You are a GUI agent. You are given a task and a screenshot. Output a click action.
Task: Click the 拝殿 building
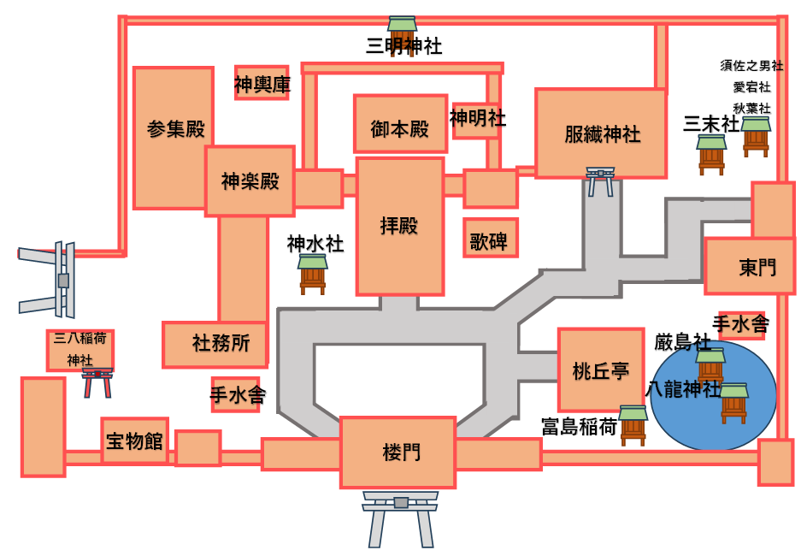pyautogui.click(x=400, y=227)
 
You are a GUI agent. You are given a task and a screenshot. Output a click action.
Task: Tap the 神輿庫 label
pyautogui.click(x=262, y=84)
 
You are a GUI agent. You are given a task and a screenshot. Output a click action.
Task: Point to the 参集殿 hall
pyautogui.click(x=174, y=137)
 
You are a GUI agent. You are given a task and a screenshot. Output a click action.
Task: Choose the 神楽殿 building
pyautogui.click(x=250, y=181)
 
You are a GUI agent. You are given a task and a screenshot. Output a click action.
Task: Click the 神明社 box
pyautogui.click(x=476, y=120)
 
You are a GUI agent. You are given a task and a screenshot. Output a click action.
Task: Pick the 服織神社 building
pyautogui.click(x=601, y=133)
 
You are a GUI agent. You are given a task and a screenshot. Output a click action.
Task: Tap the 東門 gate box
pyautogui.click(x=750, y=267)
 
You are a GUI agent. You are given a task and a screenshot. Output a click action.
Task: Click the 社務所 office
pyautogui.click(x=215, y=344)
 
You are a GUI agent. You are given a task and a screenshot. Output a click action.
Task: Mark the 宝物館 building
pyautogui.click(x=134, y=441)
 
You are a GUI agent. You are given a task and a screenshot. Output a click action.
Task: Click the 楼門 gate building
pyautogui.click(x=398, y=452)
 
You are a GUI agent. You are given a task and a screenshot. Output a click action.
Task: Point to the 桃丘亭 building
pyautogui.click(x=600, y=370)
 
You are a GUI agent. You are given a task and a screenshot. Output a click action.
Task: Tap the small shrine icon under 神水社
pyautogui.click(x=313, y=274)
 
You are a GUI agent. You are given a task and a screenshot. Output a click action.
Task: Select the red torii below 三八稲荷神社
pyautogui.click(x=97, y=383)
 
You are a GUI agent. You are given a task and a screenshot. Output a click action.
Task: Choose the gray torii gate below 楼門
pyautogui.click(x=400, y=518)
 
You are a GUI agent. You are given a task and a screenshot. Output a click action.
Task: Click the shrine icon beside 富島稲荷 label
pyautogui.click(x=633, y=425)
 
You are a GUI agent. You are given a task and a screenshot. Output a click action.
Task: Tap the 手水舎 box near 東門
pyautogui.click(x=741, y=325)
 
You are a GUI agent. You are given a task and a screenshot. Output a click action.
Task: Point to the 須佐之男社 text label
pyautogui.click(x=751, y=66)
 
